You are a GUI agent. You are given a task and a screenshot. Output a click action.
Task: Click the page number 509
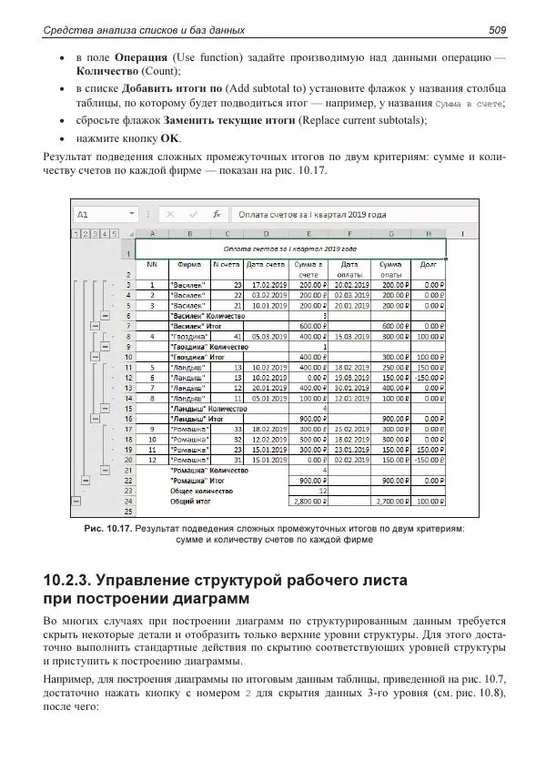pyautogui.click(x=497, y=32)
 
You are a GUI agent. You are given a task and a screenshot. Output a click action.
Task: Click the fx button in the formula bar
pyautogui.click(x=216, y=215)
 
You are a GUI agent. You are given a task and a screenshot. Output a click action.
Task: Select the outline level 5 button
pyautogui.click(x=114, y=234)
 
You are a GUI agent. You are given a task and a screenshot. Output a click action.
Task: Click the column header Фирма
pyautogui.click(x=189, y=264)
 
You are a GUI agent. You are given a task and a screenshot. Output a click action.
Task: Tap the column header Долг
pyautogui.click(x=428, y=264)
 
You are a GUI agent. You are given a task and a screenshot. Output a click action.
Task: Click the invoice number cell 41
pyautogui.click(x=227, y=336)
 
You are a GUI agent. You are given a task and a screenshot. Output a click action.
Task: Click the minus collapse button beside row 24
pyautogui.click(x=76, y=501)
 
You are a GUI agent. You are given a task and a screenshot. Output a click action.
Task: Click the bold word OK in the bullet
pyautogui.click(x=170, y=139)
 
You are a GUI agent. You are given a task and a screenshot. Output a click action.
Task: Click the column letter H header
pyautogui.click(x=428, y=234)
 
